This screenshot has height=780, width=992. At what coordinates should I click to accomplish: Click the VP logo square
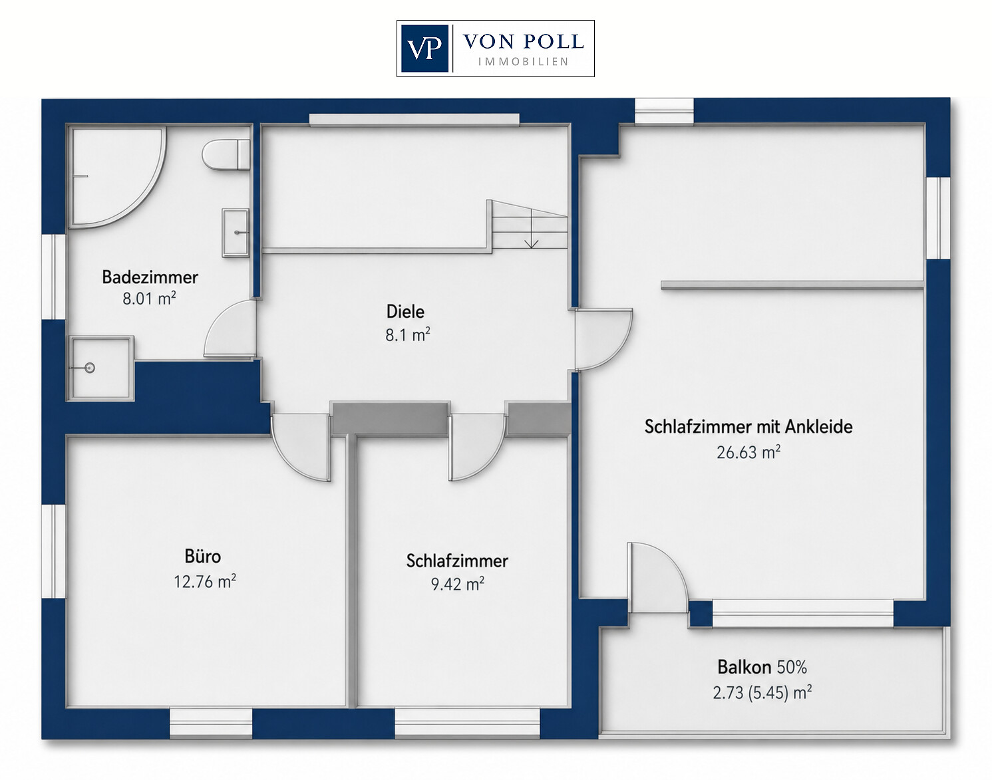pos(424,49)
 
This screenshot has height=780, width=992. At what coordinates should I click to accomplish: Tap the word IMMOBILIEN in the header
pos(523,62)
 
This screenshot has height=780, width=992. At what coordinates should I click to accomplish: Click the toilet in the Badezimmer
pos(226,154)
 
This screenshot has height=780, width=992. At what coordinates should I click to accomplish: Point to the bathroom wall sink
pos(236,233)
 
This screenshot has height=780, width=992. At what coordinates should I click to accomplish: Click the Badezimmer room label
pos(150,277)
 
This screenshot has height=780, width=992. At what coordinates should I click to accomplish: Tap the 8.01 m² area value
pos(149,299)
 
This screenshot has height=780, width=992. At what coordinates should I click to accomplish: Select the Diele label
pos(405,311)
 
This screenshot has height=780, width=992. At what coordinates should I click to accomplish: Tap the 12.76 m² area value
pos(205,581)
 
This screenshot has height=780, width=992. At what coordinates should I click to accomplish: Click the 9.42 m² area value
pos(457,585)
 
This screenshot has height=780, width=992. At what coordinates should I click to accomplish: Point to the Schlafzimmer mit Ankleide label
pos(748,427)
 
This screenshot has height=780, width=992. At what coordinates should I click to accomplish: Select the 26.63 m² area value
pos(748,452)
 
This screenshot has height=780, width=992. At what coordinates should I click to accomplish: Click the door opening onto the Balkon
pos(657,579)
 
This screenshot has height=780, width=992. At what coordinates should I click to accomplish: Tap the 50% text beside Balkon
pos(792,667)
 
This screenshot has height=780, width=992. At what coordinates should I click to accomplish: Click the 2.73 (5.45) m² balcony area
pos(762,692)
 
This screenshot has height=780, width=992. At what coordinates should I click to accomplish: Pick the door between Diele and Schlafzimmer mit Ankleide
pos(603,339)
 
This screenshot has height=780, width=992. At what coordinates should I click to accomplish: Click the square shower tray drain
pos(90,368)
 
